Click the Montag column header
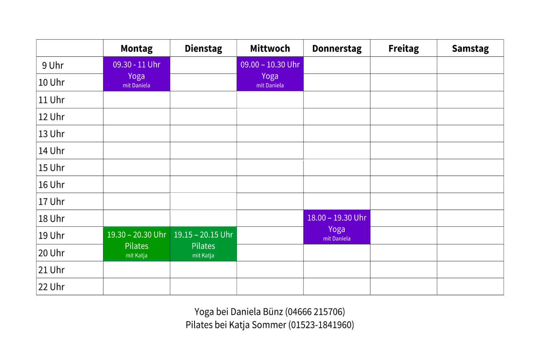coord(137,48)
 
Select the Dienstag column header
coord(203,48)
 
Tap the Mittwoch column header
coord(270,48)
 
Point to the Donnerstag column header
coord(337,48)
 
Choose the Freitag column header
coord(403,48)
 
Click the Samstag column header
coord(470,48)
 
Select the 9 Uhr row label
coord(53,65)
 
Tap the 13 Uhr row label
coord(51,134)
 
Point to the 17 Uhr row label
coord(51,202)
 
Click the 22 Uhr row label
coord(51,287)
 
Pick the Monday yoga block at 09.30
coord(137,74)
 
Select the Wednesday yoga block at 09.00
coord(270,74)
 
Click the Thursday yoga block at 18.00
coord(337,227)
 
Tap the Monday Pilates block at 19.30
coord(137,244)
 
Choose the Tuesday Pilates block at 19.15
coord(203,244)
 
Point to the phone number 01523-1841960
coord(321,325)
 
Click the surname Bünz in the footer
coord(273,312)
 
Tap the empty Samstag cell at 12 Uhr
coord(470,117)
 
